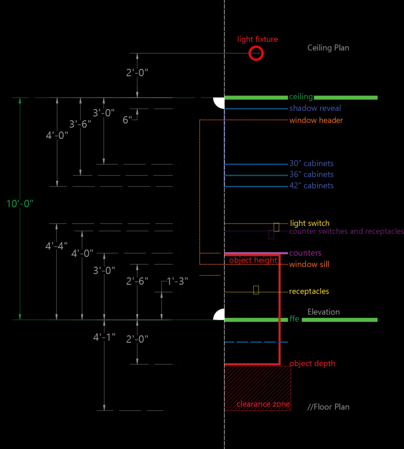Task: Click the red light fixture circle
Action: click(256, 54)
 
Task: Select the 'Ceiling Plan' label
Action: click(328, 47)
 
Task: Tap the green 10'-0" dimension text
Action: click(20, 204)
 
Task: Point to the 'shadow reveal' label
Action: click(315, 108)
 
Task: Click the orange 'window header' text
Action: click(316, 120)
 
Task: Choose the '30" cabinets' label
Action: click(311, 164)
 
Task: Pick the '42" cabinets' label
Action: click(311, 185)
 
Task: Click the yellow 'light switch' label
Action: click(310, 223)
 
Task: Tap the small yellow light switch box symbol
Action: click(276, 227)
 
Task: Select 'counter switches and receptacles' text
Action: click(346, 231)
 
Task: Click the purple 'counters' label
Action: click(305, 253)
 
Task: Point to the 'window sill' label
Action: click(309, 264)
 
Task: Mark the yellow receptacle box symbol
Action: click(256, 290)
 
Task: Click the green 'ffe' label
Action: click(294, 319)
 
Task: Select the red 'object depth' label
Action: click(312, 363)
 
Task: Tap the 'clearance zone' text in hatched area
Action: click(263, 404)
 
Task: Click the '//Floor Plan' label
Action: click(328, 406)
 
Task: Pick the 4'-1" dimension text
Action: click(104, 337)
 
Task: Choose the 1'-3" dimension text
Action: click(177, 281)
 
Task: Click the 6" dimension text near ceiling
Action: click(127, 120)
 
